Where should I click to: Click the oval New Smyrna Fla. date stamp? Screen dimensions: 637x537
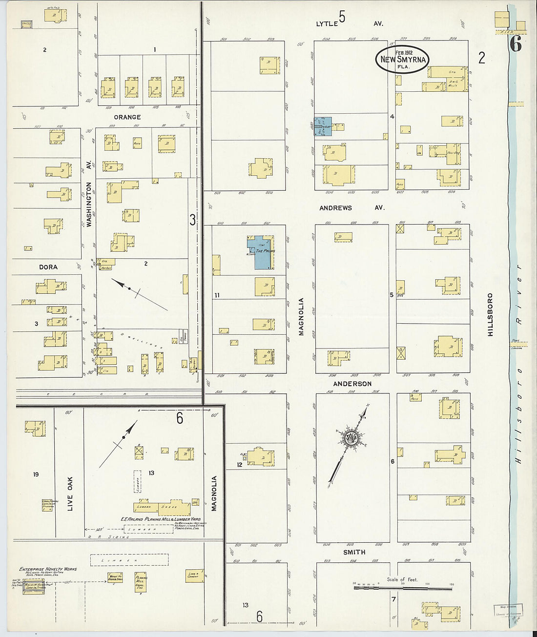[402, 59]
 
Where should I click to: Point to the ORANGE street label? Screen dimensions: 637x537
[127, 117]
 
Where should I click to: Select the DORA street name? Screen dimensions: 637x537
[48, 267]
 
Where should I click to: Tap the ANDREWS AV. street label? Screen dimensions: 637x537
[351, 208]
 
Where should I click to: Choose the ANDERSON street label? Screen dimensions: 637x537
[352, 384]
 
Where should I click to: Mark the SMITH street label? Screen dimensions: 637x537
[354, 552]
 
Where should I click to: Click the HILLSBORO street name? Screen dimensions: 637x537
[490, 314]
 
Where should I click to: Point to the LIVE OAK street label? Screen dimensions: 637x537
[70, 493]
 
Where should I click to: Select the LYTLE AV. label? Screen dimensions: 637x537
[349, 23]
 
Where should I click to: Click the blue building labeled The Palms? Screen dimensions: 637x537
[261, 252]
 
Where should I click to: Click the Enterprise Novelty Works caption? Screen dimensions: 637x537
[48, 569]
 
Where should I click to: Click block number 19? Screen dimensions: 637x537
[36, 474]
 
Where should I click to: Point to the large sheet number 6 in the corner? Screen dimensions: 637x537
[516, 44]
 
